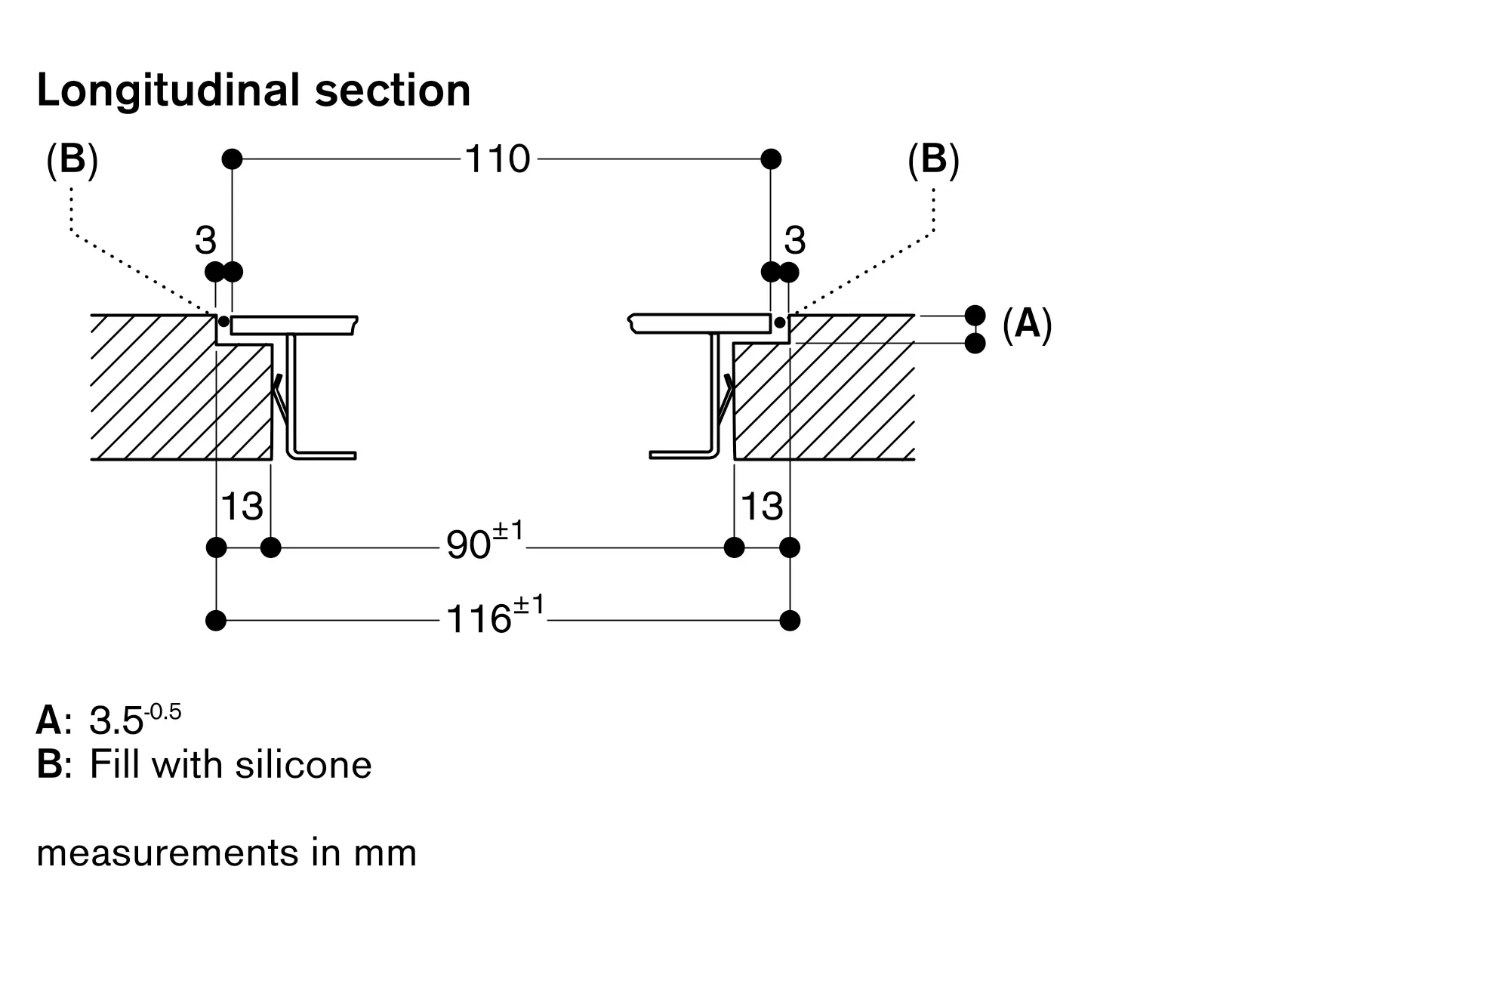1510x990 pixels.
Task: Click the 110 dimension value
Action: coord(498,159)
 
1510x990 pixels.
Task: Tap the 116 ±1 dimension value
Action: coord(495,615)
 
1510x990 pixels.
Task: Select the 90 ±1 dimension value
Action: coord(485,541)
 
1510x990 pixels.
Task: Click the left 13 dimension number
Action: coord(242,506)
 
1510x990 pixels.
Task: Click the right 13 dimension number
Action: coord(763,506)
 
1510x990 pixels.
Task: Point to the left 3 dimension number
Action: coord(205,241)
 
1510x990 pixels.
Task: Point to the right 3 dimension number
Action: coord(795,241)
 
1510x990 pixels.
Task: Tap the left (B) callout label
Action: coord(72,161)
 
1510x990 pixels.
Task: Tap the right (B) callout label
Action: coord(933,161)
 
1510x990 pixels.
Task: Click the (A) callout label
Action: coord(1027,325)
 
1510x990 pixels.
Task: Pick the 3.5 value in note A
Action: coord(116,720)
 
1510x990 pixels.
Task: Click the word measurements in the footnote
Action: coord(167,854)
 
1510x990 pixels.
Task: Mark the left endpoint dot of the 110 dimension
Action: coord(233,159)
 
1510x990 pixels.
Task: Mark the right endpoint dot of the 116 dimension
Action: coord(790,621)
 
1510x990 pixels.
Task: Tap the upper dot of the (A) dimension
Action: coord(975,315)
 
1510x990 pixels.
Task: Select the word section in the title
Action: coord(393,91)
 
